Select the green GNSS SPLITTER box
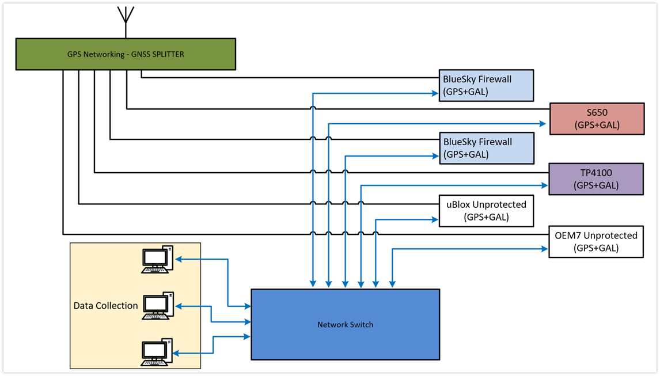[x=125, y=55]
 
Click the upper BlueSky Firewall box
[x=487, y=85]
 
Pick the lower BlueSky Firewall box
[x=487, y=148]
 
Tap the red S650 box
[x=597, y=119]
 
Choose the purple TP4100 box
[x=595, y=179]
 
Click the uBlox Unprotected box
[x=487, y=210]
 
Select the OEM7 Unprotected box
[x=595, y=242]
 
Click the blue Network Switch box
[x=345, y=325]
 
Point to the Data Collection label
[x=105, y=306]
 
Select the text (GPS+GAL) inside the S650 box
[x=597, y=125]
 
